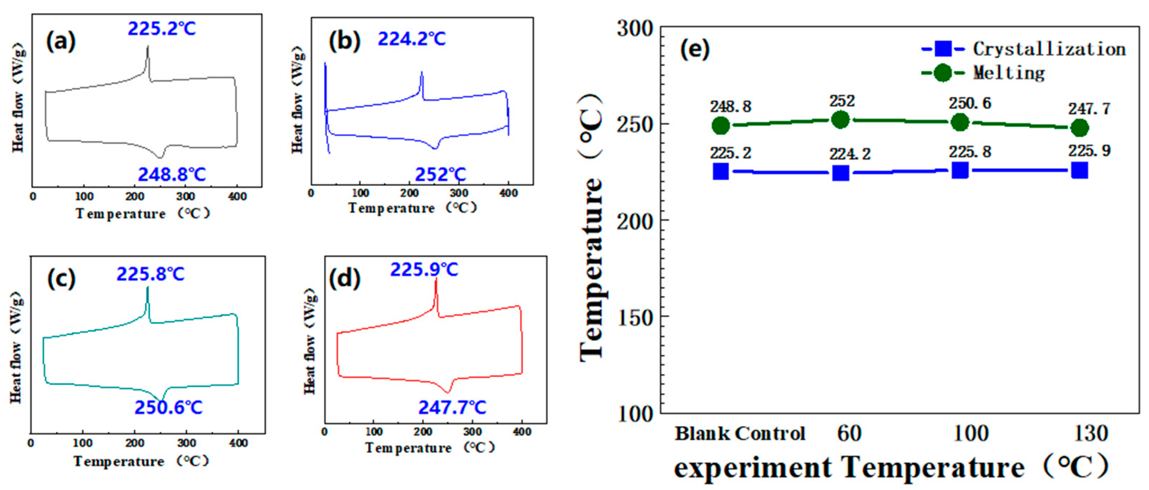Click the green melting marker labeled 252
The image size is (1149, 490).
coord(840,120)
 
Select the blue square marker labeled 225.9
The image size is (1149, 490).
coord(1079,170)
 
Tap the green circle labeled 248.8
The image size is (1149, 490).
coord(721,126)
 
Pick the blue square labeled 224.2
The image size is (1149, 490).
coord(841,173)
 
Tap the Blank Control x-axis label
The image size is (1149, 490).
coord(740,433)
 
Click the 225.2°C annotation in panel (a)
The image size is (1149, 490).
coord(161,28)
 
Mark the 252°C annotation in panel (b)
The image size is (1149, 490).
coord(440,174)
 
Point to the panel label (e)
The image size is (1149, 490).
coord(695,49)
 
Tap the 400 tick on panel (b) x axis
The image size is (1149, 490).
coord(508,193)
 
